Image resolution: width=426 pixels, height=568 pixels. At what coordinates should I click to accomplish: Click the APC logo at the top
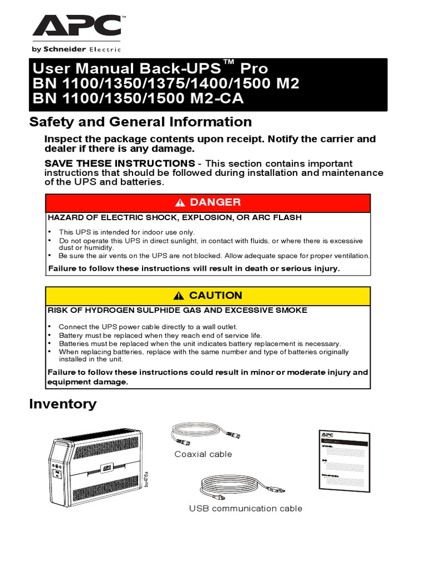(x=77, y=26)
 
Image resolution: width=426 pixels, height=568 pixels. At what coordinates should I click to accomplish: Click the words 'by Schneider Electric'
(x=76, y=49)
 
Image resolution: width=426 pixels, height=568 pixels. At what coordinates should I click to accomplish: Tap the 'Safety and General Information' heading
(x=140, y=121)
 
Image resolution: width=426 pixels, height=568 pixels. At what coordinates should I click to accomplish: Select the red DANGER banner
(x=208, y=202)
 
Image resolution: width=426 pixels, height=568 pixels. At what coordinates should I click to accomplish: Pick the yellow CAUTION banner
(x=208, y=295)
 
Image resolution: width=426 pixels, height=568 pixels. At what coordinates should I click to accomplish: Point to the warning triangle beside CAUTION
(x=178, y=296)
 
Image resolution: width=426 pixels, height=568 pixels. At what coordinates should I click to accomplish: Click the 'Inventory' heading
(x=63, y=404)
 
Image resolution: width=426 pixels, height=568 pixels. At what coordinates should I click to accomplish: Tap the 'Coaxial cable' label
(x=203, y=454)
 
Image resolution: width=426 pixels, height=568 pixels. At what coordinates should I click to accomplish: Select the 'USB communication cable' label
(x=246, y=508)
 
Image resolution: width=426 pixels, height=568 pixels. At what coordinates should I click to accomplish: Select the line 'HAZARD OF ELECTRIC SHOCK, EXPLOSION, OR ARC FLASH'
(x=175, y=217)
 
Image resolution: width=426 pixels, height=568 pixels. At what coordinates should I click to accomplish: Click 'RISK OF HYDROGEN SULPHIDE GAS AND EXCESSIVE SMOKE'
(x=177, y=310)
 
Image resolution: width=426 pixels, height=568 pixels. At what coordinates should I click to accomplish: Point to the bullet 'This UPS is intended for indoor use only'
(x=127, y=232)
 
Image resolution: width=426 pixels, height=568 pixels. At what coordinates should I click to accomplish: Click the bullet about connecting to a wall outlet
(x=148, y=327)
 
